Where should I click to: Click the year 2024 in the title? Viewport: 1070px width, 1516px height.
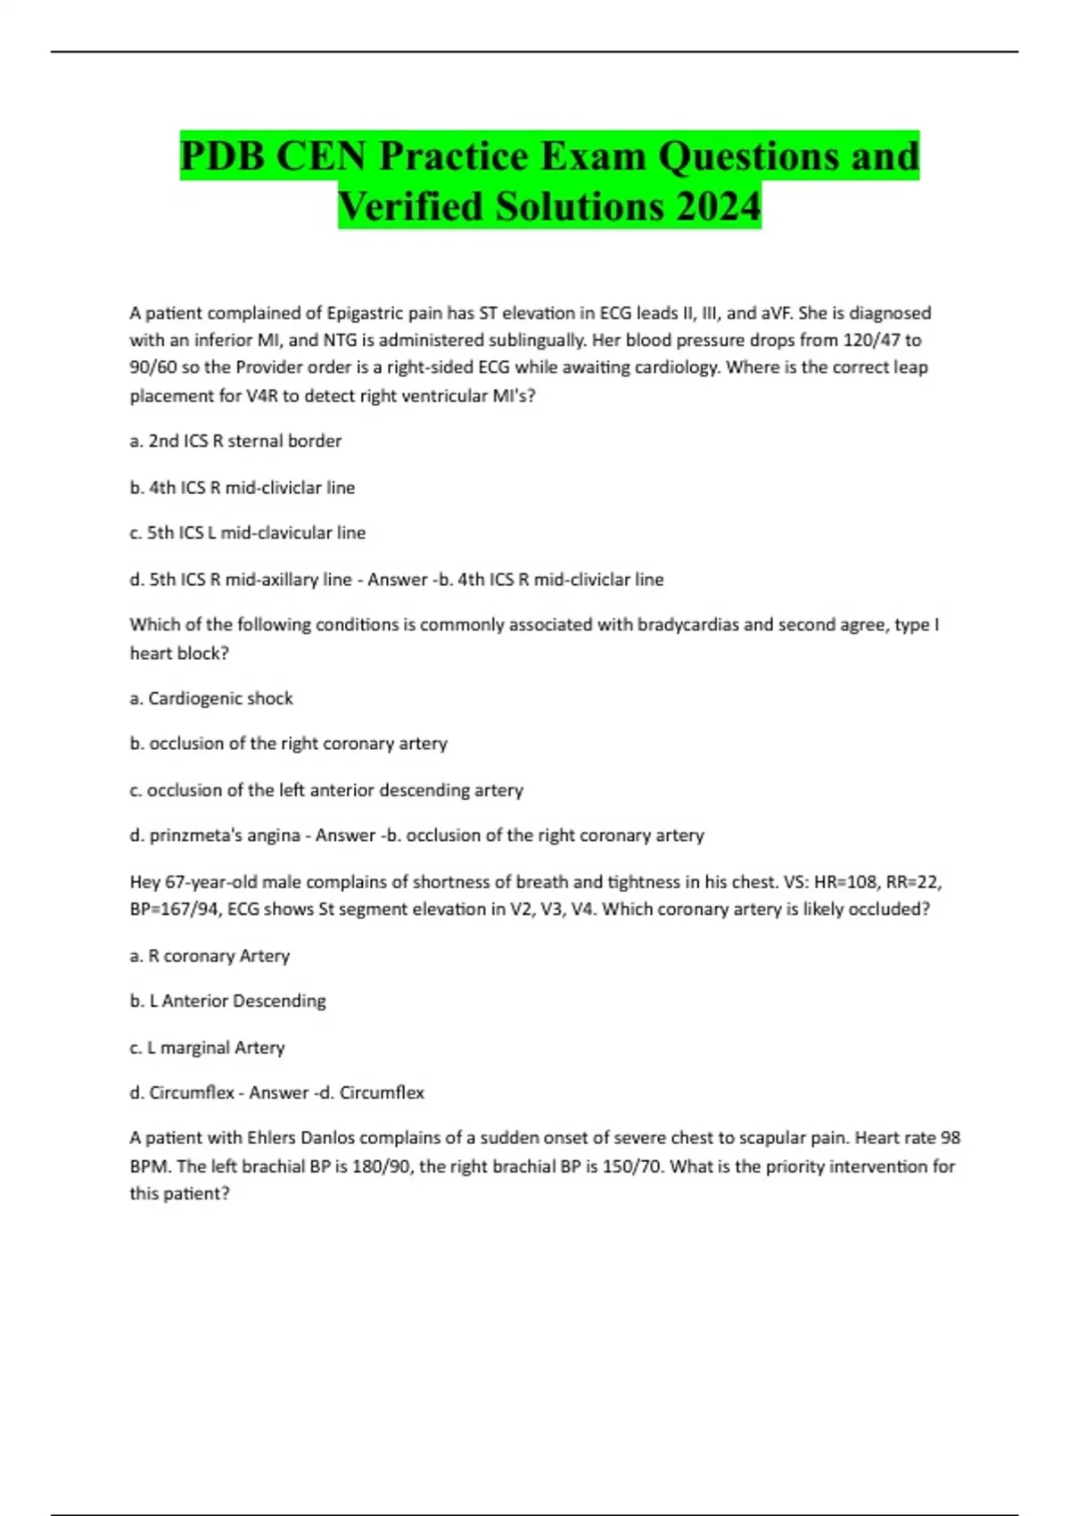[x=718, y=206]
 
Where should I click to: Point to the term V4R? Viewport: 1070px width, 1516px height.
[x=255, y=395]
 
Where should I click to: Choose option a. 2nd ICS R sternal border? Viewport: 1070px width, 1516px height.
[x=235, y=441]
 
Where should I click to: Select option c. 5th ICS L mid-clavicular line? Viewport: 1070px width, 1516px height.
[x=247, y=532]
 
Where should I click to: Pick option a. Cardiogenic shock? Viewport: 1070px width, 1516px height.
[x=211, y=698]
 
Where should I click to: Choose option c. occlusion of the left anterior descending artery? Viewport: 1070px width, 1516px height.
[x=326, y=789]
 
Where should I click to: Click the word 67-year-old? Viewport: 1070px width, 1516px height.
[x=210, y=882]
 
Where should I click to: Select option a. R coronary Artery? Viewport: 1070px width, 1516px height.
[x=210, y=955]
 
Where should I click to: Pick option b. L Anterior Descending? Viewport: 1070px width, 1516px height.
[x=227, y=1001]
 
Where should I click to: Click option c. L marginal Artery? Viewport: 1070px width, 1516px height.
[x=207, y=1047]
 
